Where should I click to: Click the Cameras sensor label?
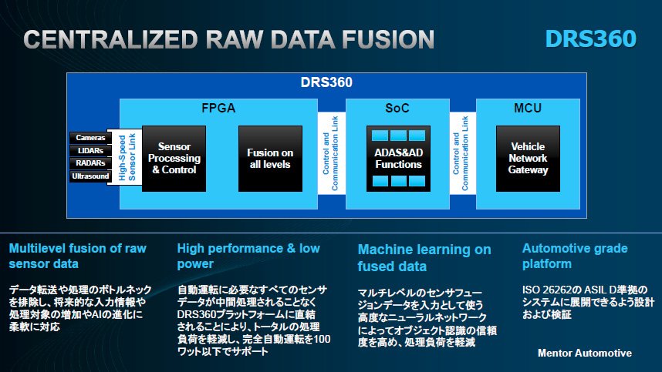click(x=90, y=138)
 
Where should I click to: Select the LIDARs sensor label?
click(x=90, y=150)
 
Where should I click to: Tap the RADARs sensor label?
click(x=90, y=163)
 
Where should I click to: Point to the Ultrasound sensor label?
click(x=90, y=176)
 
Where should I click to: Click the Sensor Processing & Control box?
click(x=174, y=159)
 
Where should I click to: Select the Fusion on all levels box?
click(x=270, y=159)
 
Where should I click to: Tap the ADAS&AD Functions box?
click(x=399, y=159)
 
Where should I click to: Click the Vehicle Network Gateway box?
click(x=528, y=159)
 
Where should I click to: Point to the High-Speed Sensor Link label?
click(x=127, y=157)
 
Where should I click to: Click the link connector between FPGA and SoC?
click(x=332, y=153)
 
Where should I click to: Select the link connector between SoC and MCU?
click(x=463, y=153)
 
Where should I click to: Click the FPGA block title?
click(x=218, y=109)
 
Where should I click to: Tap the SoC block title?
click(x=397, y=109)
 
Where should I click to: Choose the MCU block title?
click(x=528, y=109)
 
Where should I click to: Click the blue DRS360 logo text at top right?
click(x=591, y=39)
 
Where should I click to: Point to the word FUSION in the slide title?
click(x=388, y=39)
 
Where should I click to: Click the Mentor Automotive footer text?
click(x=585, y=353)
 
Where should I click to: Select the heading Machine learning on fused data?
click(x=424, y=258)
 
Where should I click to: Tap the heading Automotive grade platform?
click(x=575, y=256)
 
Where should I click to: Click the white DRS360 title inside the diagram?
click(x=326, y=82)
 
